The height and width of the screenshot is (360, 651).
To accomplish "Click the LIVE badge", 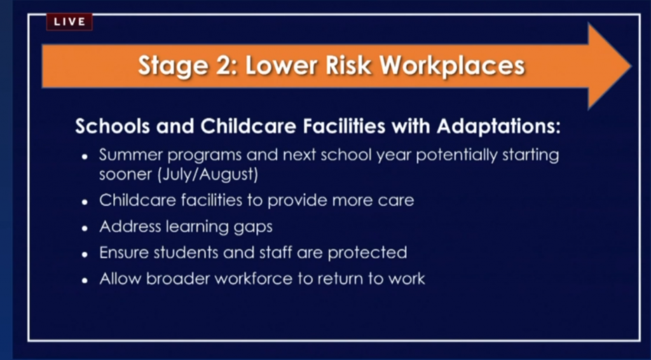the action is pyautogui.click(x=69, y=22).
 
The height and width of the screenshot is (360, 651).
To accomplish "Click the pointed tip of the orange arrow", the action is pyautogui.click(x=631, y=66).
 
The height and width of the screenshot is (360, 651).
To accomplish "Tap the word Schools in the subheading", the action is pyautogui.click(x=113, y=126).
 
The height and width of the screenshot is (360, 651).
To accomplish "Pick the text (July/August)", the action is pyautogui.click(x=208, y=174).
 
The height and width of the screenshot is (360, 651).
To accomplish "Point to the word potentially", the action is pyautogui.click(x=456, y=156).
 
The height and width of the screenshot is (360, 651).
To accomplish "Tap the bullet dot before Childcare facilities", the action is pyautogui.click(x=85, y=202).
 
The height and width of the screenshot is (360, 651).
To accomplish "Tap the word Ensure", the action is pyautogui.click(x=124, y=253).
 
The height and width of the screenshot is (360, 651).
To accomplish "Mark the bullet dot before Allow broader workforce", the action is pyautogui.click(x=85, y=280).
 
